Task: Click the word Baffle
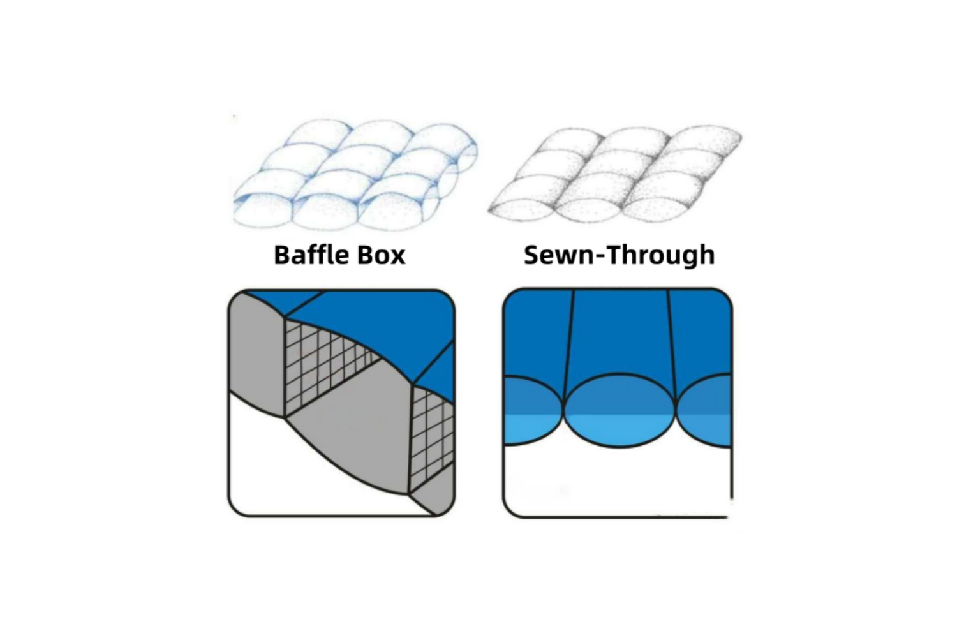tap(311, 255)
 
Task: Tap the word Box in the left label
tap(381, 255)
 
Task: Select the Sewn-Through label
tap(619, 255)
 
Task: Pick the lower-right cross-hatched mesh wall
tap(431, 434)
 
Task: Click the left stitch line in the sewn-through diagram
tap(570, 338)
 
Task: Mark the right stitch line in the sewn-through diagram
tap(671, 338)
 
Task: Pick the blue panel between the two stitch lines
tap(620, 332)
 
